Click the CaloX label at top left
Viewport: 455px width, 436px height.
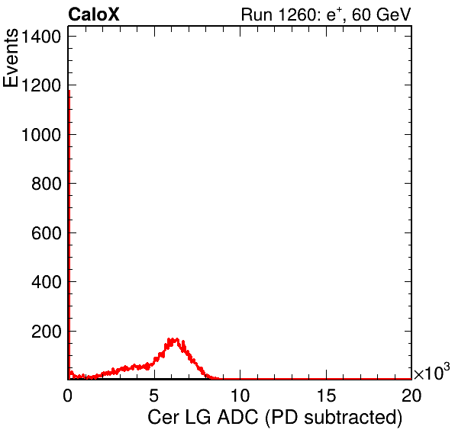point(94,14)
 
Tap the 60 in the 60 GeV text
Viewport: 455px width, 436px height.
point(361,14)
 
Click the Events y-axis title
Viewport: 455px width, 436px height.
point(11,58)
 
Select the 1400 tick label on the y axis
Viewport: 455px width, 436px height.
point(41,37)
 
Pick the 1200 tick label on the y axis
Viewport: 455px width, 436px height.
point(41,85)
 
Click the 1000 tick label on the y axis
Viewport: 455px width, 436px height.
point(41,135)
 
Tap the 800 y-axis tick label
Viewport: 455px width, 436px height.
point(47,184)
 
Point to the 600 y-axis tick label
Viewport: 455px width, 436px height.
point(47,233)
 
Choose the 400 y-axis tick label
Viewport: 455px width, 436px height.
point(47,282)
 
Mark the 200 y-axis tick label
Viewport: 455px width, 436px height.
point(47,331)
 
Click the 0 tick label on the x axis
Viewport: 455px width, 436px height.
point(68,395)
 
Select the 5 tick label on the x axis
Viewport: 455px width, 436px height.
point(153,395)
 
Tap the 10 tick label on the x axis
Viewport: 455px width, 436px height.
point(240,395)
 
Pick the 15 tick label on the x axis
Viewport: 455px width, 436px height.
point(326,395)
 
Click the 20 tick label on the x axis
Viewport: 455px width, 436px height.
point(411,395)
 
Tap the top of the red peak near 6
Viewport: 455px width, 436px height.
point(173,339)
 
